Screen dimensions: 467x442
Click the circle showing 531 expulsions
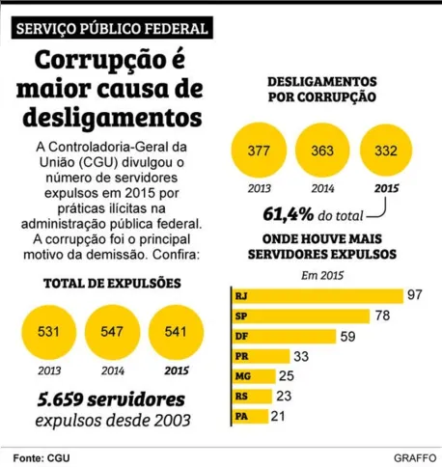(x=47, y=331)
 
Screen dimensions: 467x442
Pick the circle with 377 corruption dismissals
(x=260, y=151)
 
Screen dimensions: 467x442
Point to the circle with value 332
(x=384, y=151)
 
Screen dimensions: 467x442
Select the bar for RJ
(x=318, y=294)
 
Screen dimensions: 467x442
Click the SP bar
(x=300, y=316)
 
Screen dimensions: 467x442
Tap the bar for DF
(x=284, y=336)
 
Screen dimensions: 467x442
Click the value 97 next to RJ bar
(x=416, y=294)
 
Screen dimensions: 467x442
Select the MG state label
(x=242, y=376)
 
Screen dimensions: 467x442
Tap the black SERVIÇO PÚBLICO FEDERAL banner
(x=114, y=29)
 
